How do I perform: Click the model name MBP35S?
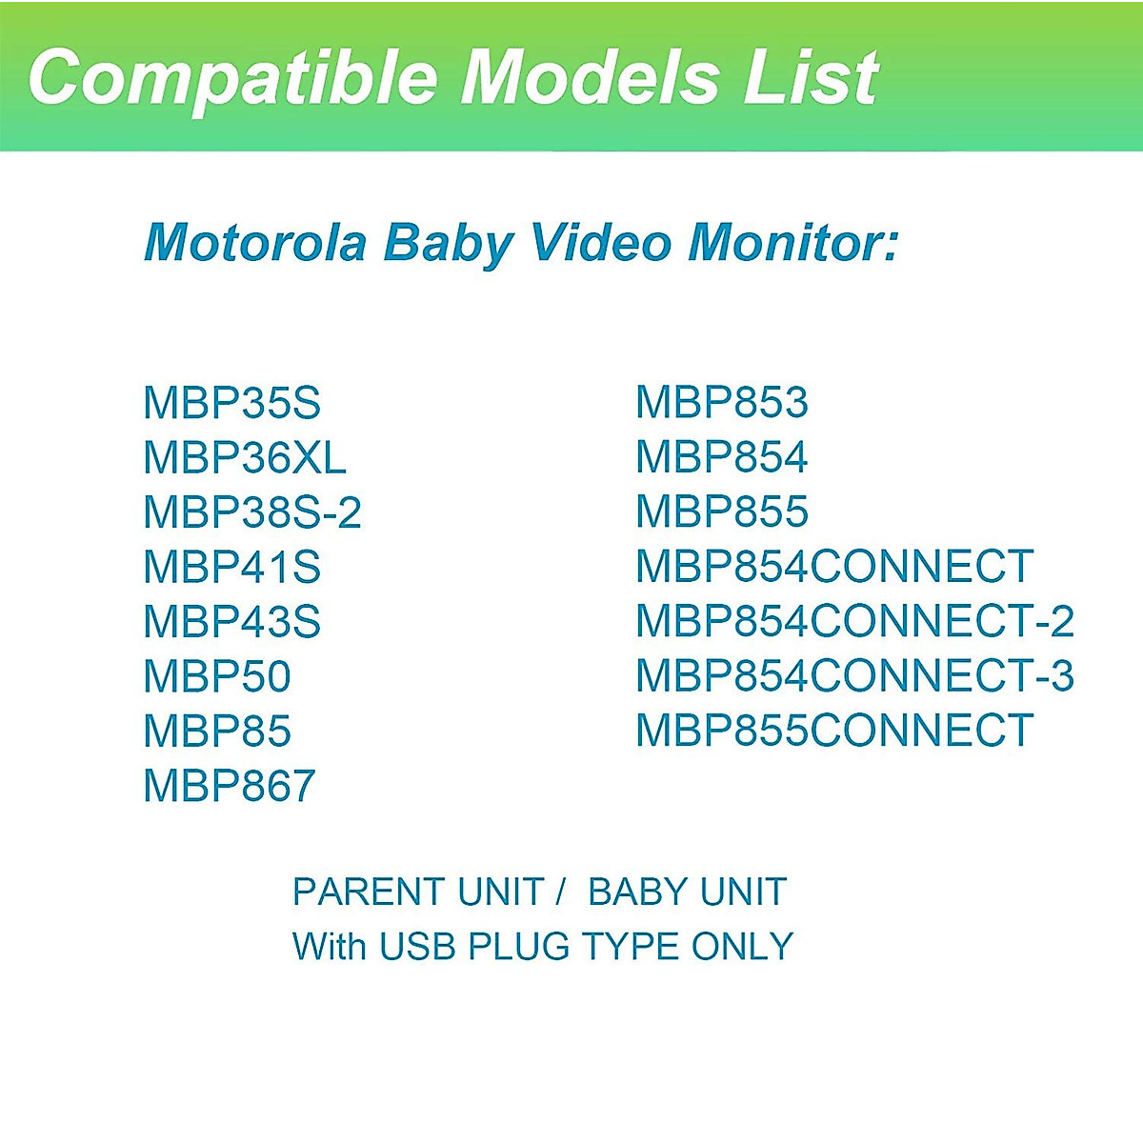231,403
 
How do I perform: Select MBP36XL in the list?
244,458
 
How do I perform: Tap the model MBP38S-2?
252,512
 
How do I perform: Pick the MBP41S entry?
231,568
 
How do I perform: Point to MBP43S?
231,622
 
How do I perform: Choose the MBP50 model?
216,677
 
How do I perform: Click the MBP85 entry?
216,732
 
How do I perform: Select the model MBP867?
229,786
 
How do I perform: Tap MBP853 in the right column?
721,403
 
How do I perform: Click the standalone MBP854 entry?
721,457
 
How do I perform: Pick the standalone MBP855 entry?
721,511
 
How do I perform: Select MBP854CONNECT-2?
854,621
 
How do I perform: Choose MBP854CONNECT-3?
854,676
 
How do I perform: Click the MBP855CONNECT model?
833,731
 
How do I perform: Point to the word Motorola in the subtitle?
255,242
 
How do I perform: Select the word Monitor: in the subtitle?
792,242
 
